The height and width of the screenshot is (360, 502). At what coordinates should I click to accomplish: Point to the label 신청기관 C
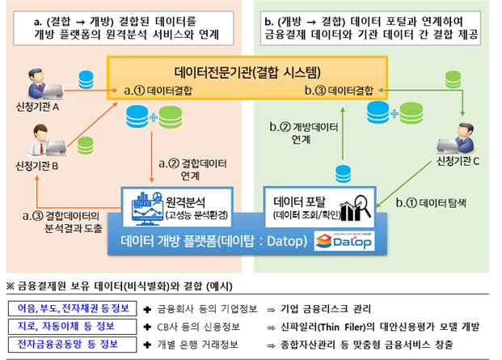coord(458,161)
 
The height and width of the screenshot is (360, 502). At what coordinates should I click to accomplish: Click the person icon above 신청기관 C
coord(463,136)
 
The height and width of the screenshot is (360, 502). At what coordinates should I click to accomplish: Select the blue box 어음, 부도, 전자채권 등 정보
coord(62,308)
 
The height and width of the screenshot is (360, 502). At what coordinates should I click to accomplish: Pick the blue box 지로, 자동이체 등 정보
coord(62,327)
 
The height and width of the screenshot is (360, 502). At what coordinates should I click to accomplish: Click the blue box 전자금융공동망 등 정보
coord(62,345)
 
